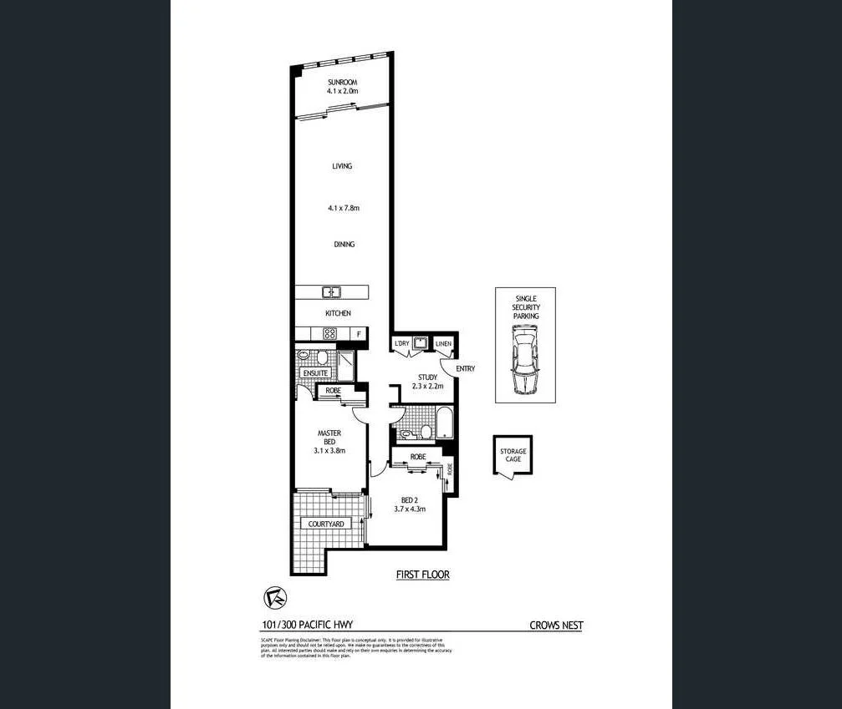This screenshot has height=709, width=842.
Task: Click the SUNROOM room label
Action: (x=343, y=81)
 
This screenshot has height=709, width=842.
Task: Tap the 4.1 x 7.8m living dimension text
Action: (x=343, y=208)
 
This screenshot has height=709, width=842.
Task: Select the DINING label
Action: (x=343, y=245)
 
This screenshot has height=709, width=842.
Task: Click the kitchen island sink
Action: (x=332, y=292)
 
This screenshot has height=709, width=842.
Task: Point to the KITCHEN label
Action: (x=338, y=314)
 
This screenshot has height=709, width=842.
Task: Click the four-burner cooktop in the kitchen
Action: (x=329, y=334)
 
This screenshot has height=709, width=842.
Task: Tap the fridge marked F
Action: (x=359, y=335)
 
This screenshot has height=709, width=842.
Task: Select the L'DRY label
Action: (x=402, y=344)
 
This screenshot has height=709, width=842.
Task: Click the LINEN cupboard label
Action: (x=443, y=344)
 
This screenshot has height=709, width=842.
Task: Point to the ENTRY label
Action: (x=465, y=368)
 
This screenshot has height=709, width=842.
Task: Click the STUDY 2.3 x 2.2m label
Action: (x=427, y=382)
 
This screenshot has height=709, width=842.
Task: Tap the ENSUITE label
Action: (x=315, y=372)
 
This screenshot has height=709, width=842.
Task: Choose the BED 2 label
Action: (x=410, y=504)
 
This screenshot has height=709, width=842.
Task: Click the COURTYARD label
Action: (x=326, y=524)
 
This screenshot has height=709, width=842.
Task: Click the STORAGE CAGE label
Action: (x=513, y=455)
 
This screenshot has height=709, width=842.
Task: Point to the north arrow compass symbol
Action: (x=273, y=599)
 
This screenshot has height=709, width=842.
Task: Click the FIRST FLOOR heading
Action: (x=422, y=575)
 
